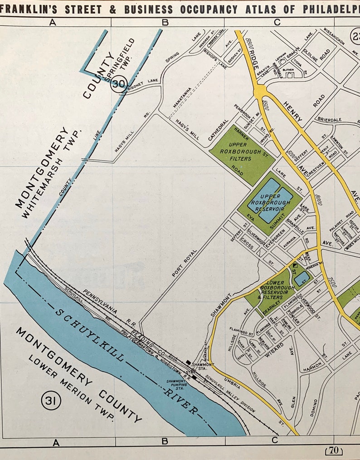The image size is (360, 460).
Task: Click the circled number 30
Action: pos(120,84)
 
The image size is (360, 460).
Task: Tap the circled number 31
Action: pos(51,401)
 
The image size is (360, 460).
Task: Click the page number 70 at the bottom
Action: pos(334,451)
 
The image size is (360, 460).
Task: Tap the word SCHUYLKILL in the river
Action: pos(89,334)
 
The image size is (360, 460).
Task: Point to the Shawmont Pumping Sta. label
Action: pos(176,385)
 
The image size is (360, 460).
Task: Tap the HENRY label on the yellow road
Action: pos(293,111)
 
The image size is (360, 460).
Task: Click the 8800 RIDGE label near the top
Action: pos(253,54)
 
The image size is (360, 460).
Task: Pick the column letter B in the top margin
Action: pos(165,22)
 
